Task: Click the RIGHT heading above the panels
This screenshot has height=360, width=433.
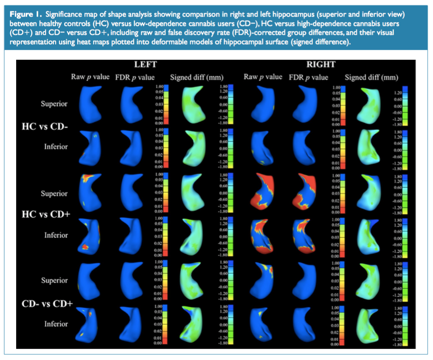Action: [321, 65]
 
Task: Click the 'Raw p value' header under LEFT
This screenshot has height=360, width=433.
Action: [90, 77]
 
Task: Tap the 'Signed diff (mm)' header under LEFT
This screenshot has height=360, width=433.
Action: [197, 77]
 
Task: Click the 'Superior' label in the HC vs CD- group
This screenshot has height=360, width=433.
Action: [54, 104]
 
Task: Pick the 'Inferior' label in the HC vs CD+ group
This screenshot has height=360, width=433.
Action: [56, 235]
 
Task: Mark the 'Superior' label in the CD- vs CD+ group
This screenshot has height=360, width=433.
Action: [54, 281]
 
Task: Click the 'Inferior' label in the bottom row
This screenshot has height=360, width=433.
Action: [56, 324]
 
